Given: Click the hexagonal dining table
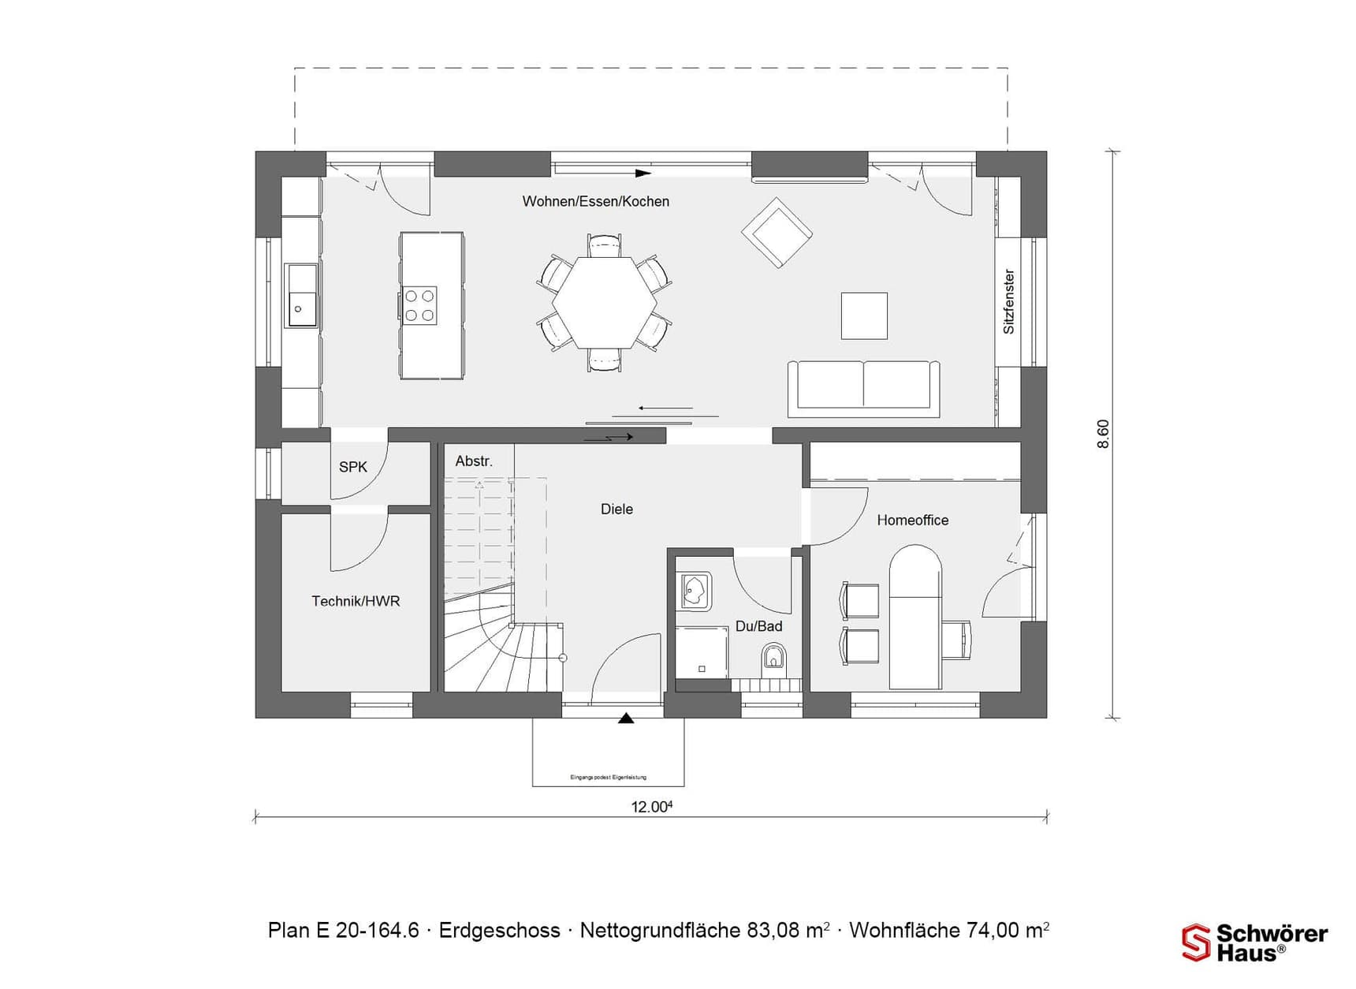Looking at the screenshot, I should [x=604, y=303].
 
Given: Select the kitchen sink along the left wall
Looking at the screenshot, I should [x=300, y=296].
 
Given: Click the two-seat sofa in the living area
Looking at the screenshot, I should [x=864, y=388].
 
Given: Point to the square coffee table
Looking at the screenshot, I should [x=864, y=315].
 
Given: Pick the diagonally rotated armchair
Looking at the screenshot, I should [x=777, y=232].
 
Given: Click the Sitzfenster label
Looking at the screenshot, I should [x=1008, y=302].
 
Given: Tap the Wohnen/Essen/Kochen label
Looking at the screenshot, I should [x=595, y=202].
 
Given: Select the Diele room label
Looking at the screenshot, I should [x=617, y=509].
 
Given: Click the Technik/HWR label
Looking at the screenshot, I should [x=356, y=602].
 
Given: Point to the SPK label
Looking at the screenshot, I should [x=352, y=467].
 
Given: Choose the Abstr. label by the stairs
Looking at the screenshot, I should [x=473, y=461].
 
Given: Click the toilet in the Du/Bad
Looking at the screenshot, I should [x=773, y=656].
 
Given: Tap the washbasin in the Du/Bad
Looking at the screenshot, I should [x=695, y=591].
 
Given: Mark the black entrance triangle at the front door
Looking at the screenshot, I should [x=626, y=718].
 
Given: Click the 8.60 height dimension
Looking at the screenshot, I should [x=1103, y=434].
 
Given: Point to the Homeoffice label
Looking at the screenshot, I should [x=912, y=521].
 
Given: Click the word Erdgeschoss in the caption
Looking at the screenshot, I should [x=499, y=931].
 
